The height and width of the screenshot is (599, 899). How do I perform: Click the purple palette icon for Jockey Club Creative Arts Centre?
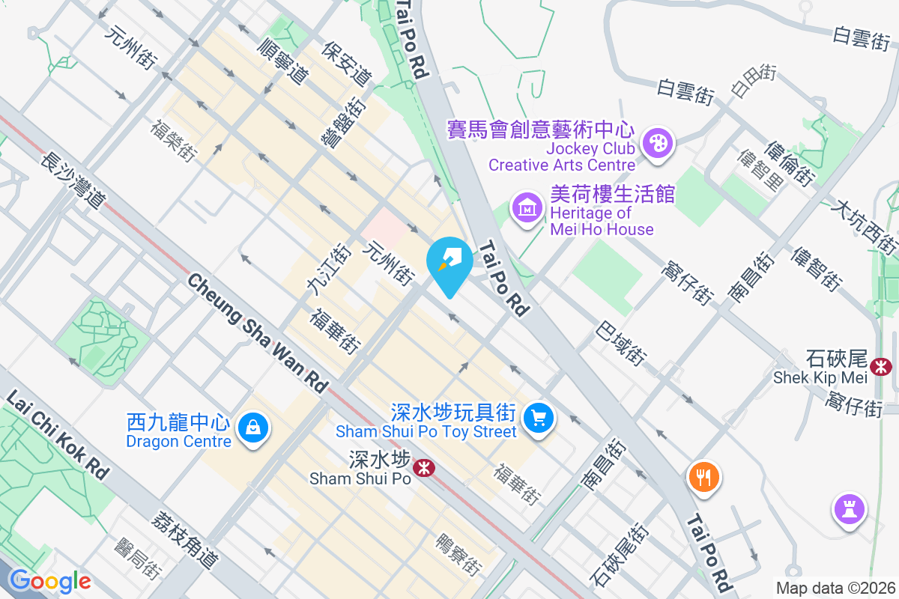(x=659, y=142)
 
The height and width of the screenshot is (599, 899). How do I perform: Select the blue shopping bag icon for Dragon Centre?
(x=252, y=428)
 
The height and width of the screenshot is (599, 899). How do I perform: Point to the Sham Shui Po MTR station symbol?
(x=424, y=469)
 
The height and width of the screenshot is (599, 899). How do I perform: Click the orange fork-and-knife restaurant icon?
(x=703, y=476)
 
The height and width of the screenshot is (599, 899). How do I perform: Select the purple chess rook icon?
(x=849, y=511)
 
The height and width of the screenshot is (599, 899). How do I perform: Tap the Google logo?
(x=49, y=581)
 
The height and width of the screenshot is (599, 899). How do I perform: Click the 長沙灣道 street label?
(x=72, y=180)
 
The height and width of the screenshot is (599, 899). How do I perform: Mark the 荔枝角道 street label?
(x=182, y=540)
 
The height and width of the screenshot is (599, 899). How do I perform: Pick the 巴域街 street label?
(x=621, y=344)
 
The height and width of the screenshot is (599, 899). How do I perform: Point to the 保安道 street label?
(x=346, y=63)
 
